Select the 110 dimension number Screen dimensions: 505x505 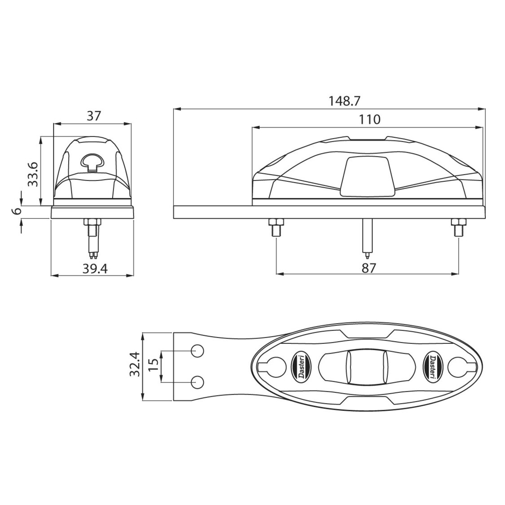pyautogui.click(x=369, y=119)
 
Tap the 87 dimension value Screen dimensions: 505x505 pyautogui.click(x=368, y=268)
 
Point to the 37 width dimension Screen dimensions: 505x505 pyautogui.click(x=93, y=116)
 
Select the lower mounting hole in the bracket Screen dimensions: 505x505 pyautogui.click(x=198, y=382)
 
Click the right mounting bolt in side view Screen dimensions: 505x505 pyautogui.click(x=457, y=227)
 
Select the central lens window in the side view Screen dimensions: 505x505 pyautogui.click(x=366, y=176)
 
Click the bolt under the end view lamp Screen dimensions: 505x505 pyautogui.click(x=92, y=229)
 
